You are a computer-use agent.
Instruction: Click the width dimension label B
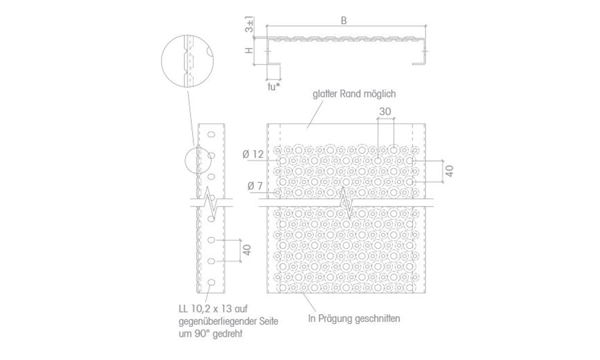pos(343,21)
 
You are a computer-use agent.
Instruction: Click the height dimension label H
pos(249,51)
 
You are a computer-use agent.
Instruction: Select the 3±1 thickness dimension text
pos(249,25)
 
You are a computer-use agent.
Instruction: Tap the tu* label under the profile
pos(273,87)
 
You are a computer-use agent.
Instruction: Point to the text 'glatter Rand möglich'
pos(354,94)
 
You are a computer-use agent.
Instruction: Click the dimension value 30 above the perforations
pos(385,111)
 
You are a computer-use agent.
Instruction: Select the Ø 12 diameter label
pos(253,154)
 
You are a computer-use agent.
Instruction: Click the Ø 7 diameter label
pos(255,186)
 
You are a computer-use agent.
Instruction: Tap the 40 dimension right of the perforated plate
pos(449,171)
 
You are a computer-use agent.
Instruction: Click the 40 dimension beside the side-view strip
pos(247,250)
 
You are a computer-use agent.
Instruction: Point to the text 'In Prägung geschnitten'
pos(354,318)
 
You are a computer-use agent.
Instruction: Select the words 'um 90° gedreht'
pos(211,333)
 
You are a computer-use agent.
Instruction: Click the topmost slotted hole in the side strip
pos(211,134)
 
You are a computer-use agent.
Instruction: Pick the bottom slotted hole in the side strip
pos(211,283)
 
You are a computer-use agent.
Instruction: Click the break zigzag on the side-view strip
pos(211,203)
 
